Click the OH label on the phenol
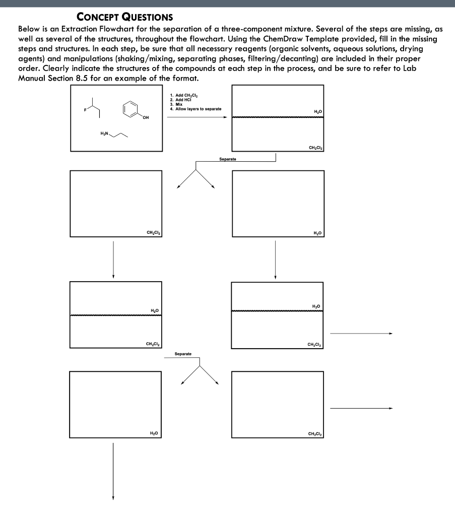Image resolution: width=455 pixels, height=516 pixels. [x=146, y=118]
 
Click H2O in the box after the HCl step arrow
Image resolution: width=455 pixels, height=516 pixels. [x=317, y=112]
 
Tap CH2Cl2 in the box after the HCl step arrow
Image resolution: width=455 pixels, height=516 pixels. [x=315, y=148]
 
